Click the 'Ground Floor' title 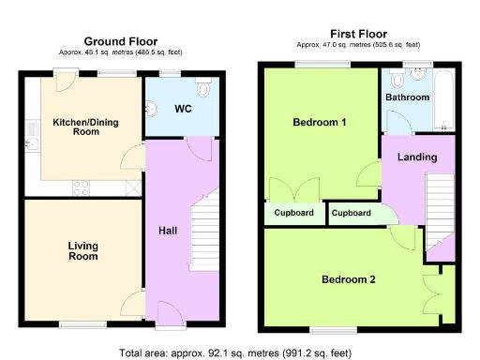click(121, 41)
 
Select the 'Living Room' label click(82, 251)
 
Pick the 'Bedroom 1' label click(320, 123)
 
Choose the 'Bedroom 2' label click(349, 279)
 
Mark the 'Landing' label click(417, 157)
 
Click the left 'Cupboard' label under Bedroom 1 click(293, 213)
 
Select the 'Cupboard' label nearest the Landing click(352, 214)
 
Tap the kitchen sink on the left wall click(31, 145)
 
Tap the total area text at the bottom click(234, 352)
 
